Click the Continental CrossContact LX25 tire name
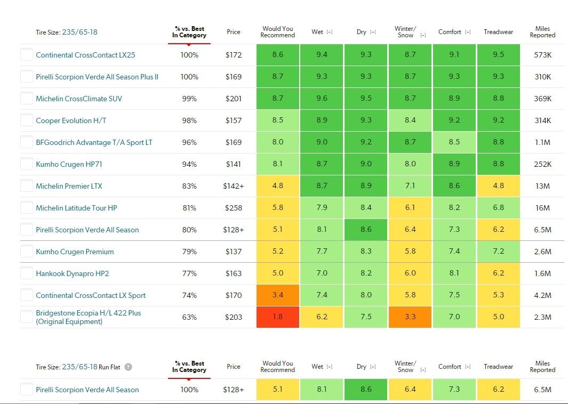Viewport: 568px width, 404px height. click(x=85, y=55)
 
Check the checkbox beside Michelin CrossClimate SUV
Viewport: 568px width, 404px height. click(x=27, y=99)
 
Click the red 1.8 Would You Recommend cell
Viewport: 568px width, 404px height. click(x=277, y=317)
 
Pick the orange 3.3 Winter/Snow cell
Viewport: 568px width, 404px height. click(x=410, y=317)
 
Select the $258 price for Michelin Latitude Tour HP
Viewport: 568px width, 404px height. click(x=233, y=208)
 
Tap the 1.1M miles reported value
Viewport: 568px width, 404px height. click(x=542, y=142)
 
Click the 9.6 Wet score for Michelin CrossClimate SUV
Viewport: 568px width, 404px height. click(x=322, y=99)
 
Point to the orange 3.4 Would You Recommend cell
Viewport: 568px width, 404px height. click(x=277, y=295)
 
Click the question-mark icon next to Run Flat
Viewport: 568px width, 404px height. click(x=128, y=367)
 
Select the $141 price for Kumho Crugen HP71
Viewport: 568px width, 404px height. click(x=233, y=164)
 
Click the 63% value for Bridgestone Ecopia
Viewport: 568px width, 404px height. click(x=189, y=317)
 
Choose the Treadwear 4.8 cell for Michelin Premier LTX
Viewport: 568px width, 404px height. click(x=498, y=186)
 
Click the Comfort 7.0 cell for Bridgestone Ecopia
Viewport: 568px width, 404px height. click(x=454, y=317)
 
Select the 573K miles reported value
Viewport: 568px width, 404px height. click(x=542, y=55)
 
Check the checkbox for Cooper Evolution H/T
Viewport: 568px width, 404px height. click(x=27, y=120)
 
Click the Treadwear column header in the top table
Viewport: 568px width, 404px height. click(x=498, y=32)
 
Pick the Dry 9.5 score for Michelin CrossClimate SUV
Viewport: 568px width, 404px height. click(x=366, y=99)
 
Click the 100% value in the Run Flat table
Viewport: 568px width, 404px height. click(x=189, y=390)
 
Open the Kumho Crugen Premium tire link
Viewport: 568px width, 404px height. click(x=75, y=252)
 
